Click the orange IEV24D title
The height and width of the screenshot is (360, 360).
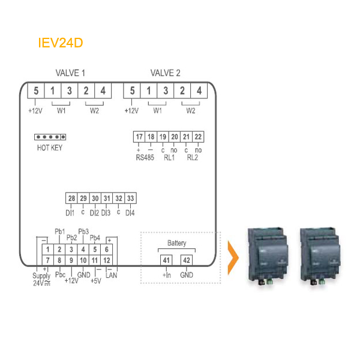click(x=61, y=43)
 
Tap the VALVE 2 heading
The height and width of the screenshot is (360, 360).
click(x=166, y=73)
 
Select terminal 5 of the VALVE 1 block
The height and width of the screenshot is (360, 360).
click(x=36, y=91)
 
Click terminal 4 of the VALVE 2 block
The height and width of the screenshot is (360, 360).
click(x=199, y=91)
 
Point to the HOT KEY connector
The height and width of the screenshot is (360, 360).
click(x=50, y=137)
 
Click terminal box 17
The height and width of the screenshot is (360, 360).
click(x=139, y=137)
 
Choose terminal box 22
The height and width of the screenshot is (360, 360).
click(x=198, y=137)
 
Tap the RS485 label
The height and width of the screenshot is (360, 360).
click(x=145, y=157)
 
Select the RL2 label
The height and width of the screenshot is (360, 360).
click(x=193, y=157)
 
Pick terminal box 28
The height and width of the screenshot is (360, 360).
click(x=71, y=198)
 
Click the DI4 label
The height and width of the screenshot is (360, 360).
click(x=130, y=213)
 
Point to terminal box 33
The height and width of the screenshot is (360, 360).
click(x=130, y=198)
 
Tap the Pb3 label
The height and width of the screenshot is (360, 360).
click(x=83, y=232)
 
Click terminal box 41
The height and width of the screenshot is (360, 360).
click(x=166, y=260)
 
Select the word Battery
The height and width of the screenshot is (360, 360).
click(x=177, y=243)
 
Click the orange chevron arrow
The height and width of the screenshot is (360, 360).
click(x=233, y=257)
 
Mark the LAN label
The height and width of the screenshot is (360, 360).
click(x=112, y=275)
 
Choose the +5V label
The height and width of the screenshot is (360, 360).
click(x=96, y=281)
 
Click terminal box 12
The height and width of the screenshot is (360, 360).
click(x=107, y=260)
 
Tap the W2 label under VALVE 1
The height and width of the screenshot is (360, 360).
click(x=94, y=111)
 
